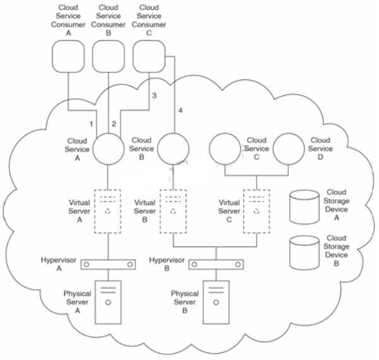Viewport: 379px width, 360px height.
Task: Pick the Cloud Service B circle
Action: click(x=172, y=149)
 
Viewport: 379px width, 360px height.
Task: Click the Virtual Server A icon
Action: click(x=109, y=211)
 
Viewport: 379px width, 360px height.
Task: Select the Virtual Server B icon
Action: click(x=172, y=211)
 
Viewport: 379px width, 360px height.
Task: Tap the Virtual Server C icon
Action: click(x=256, y=211)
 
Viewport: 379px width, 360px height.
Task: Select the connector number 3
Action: click(x=153, y=95)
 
